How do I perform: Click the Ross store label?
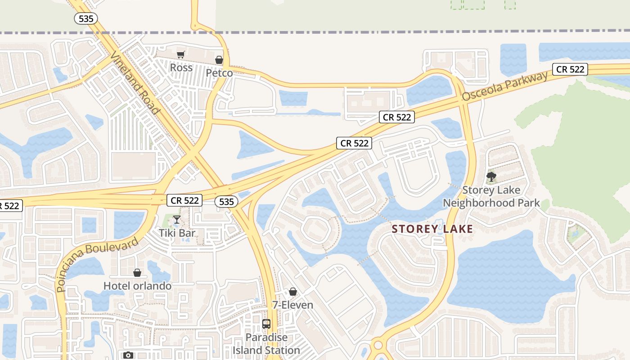coord(181,68)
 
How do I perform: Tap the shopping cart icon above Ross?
coord(180,54)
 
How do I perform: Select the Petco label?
coord(219,73)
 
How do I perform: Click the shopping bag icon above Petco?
coord(219,60)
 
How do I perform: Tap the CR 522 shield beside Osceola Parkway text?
coord(570,69)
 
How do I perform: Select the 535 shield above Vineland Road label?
coord(86,18)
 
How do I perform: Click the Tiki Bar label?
coord(177,233)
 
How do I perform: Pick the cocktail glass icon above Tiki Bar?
coord(177,220)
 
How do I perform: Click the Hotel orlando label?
coord(137,286)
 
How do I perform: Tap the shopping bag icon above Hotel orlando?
coord(137,273)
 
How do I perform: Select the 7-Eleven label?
coord(292,305)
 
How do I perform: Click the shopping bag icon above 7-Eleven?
coord(293,292)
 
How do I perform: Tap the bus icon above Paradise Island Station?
coord(266,324)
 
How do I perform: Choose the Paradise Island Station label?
coord(266,344)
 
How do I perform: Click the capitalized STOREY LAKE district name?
coord(432,229)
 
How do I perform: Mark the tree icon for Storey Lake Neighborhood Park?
coord(491,176)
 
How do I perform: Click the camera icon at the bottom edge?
coord(128,355)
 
